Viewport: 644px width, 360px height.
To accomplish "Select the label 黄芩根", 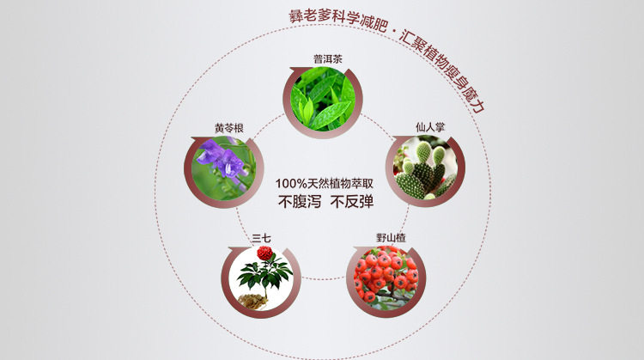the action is (230, 128).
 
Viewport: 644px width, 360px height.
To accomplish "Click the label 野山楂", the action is (391, 237).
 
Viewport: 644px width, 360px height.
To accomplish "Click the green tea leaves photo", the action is (323, 101).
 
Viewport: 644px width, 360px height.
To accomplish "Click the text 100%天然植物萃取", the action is (324, 184).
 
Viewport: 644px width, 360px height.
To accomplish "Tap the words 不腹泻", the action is (295, 204).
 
